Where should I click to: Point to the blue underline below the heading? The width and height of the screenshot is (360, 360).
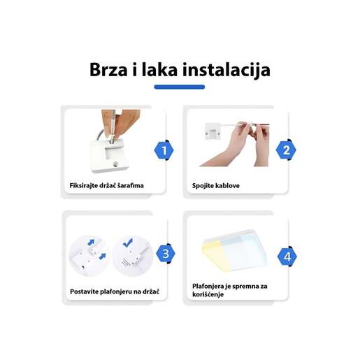coord(179,87)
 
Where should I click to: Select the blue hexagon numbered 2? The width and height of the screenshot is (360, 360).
coord(287,150)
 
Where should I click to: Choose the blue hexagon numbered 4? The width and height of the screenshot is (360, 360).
coord(287,257)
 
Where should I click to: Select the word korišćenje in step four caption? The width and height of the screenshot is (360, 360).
coord(213,296)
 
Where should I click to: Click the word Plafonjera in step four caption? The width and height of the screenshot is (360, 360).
coord(210,286)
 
